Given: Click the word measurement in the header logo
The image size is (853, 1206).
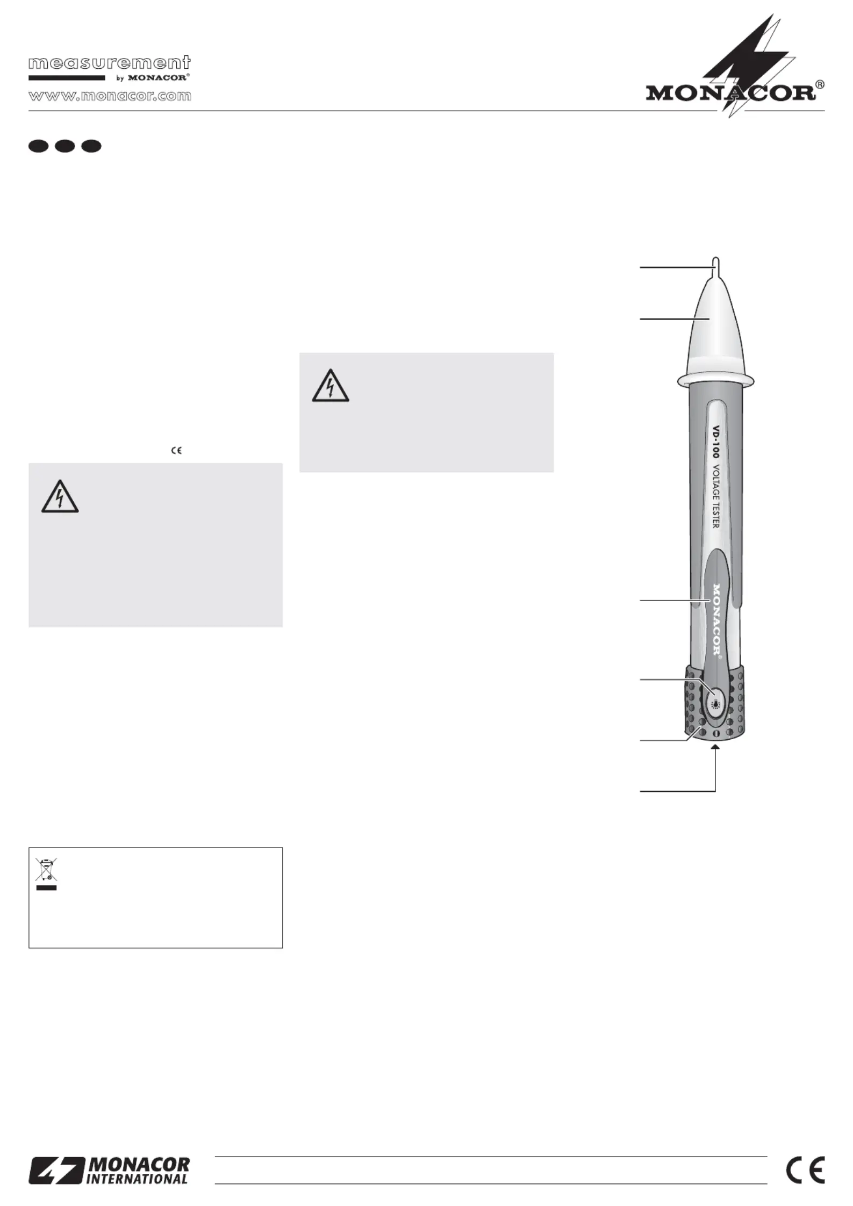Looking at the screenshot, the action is tap(110, 63).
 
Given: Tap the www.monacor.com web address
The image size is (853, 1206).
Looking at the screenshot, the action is tap(110, 96).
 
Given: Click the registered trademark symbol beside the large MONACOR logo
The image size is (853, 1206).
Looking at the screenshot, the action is tap(820, 85).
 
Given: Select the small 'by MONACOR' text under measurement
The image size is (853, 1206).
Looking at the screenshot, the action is tap(153, 78).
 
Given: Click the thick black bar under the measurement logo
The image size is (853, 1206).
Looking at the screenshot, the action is tap(67, 78).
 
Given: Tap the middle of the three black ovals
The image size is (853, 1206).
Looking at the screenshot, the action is tap(65, 146).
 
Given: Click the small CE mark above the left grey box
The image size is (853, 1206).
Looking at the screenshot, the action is tap(176, 451).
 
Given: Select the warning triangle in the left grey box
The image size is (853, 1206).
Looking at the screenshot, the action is tap(60, 496).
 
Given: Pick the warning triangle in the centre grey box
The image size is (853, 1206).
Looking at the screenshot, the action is tap(331, 386).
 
